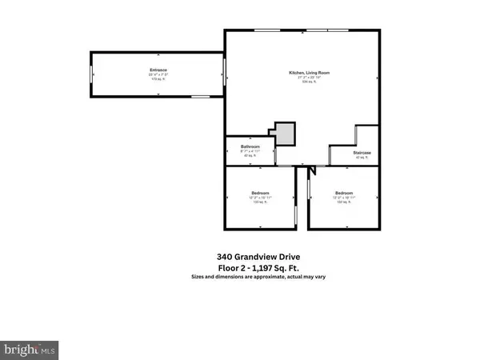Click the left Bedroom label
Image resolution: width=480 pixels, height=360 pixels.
pos(261,194)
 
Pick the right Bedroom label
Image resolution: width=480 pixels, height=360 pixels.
pos(344,194)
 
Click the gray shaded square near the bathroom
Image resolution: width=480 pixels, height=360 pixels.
pos(285,134)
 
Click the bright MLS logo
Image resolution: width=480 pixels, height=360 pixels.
pos(30,350)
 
